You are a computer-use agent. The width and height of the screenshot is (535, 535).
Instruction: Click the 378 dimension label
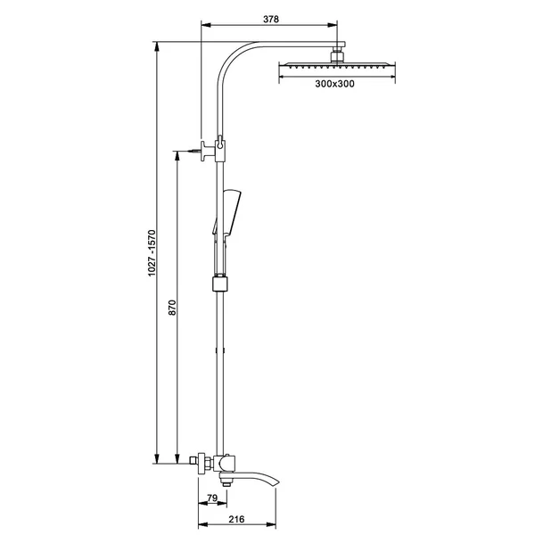[x=271, y=19]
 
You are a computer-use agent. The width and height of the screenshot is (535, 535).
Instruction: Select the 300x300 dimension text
[x=334, y=84]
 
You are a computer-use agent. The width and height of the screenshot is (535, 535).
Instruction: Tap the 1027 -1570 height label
[x=152, y=253]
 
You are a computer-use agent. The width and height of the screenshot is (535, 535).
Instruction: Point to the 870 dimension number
[x=173, y=307]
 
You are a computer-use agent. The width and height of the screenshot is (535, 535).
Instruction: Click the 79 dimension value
[x=212, y=498]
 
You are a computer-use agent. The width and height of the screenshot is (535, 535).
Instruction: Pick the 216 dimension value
[x=236, y=519]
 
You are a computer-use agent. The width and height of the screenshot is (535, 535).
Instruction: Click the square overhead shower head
[x=337, y=65]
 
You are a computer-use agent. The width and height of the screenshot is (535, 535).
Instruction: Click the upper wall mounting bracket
[x=209, y=151]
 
